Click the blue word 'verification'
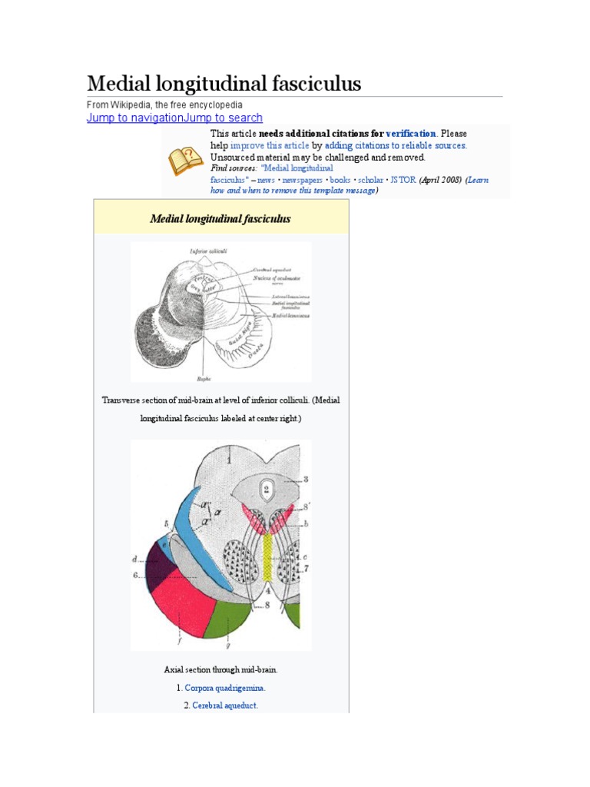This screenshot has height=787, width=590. [x=411, y=134]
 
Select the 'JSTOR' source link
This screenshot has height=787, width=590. [x=403, y=180]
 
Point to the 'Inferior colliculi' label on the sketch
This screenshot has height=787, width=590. [x=208, y=251]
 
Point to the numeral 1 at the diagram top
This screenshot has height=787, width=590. [x=229, y=460]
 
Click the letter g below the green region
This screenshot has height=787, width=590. [x=228, y=645]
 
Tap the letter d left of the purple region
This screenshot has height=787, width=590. [x=134, y=559]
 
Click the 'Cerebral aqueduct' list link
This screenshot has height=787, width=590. [x=225, y=705]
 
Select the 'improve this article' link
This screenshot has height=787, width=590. [x=270, y=145]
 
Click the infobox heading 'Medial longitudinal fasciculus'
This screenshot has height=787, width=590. [x=220, y=219]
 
